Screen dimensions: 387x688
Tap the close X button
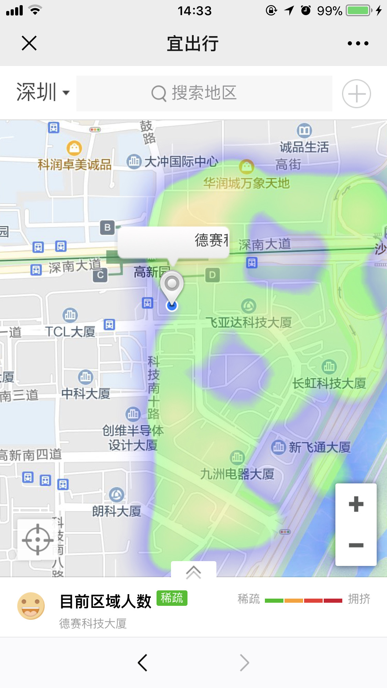[x=29, y=43]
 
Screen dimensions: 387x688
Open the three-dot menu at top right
[x=358, y=43]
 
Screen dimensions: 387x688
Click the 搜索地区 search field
[x=204, y=93]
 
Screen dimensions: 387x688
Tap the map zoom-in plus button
[x=356, y=504]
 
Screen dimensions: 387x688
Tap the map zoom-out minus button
[x=356, y=545]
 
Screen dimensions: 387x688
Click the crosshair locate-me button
[x=37, y=539]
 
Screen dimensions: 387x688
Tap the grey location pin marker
[x=172, y=285]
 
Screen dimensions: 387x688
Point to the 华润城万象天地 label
[x=246, y=183]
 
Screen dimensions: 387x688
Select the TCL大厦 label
[x=70, y=332]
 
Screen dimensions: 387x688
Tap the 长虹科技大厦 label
[x=329, y=383]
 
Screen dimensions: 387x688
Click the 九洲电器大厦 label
[x=237, y=474]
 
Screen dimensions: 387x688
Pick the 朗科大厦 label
[x=117, y=511]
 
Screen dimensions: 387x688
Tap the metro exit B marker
[x=107, y=228]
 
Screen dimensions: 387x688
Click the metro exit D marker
[x=213, y=275]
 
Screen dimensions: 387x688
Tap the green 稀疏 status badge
[x=172, y=598]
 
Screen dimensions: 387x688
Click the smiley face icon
[x=31, y=606]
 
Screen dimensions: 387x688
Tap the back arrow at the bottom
[x=142, y=663]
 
